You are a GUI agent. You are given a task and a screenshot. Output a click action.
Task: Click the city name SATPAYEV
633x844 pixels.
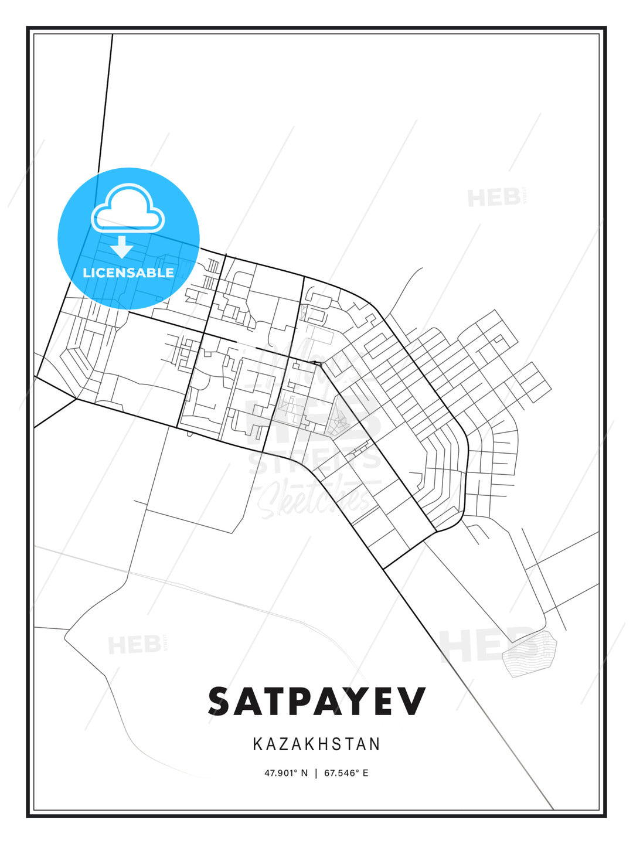[x=316, y=701]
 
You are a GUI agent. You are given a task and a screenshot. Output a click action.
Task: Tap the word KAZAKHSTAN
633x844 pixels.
[x=316, y=744]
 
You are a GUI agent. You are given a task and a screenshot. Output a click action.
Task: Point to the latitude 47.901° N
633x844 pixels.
[x=285, y=773]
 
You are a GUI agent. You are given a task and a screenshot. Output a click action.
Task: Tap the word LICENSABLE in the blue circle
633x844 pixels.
[x=128, y=273]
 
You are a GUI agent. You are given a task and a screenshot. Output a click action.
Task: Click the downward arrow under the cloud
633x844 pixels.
[x=122, y=247]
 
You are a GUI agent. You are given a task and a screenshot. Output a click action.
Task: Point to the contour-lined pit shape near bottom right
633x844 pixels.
[x=530, y=653]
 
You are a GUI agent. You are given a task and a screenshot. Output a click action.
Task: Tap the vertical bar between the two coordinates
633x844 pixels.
[x=316, y=773]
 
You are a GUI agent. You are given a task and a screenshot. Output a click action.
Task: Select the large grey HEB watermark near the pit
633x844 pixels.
[x=486, y=645]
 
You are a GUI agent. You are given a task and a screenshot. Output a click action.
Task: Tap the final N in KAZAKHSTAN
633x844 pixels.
[x=375, y=744]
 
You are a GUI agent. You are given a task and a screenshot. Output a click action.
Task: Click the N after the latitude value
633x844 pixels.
[x=304, y=773]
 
